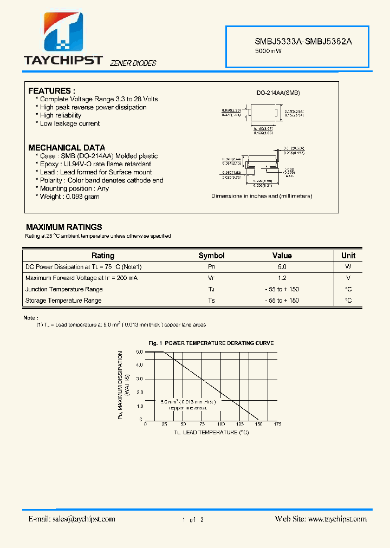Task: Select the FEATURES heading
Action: pos(51,90)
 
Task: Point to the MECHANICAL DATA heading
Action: pos(67,147)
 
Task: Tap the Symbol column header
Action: pos(211,256)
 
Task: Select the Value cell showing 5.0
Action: pos(282,267)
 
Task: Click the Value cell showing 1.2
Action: pos(282,278)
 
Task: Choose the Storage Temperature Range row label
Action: pos(63,301)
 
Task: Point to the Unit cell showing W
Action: pos(348,267)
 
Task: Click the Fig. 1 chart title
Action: pos(211,343)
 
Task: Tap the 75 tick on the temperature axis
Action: pos(202,425)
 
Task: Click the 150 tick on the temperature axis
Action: pos(258,425)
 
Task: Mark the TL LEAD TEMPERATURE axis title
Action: pos(211,432)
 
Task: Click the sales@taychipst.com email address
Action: pos(83,519)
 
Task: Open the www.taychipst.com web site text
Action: pos(337,519)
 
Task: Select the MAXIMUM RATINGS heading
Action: pos(64,227)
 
